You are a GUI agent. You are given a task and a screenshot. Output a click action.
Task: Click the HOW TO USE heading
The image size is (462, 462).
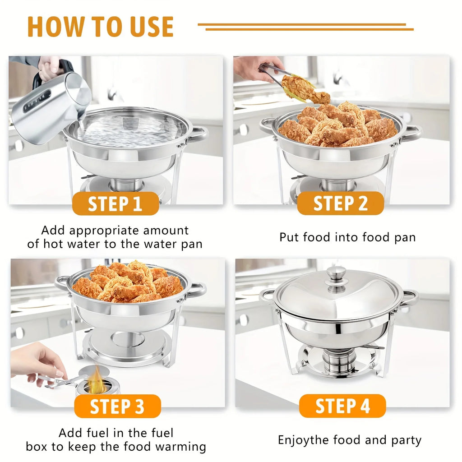tap(100, 27)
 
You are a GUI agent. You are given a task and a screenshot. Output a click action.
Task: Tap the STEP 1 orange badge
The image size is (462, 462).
tap(115, 203)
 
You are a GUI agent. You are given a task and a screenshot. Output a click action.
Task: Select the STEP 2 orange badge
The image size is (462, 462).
tap(341, 203)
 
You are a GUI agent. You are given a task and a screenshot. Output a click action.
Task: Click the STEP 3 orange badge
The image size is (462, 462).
tap(117, 406)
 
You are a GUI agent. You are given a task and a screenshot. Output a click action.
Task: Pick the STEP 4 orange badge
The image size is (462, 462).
tap(342, 406)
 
